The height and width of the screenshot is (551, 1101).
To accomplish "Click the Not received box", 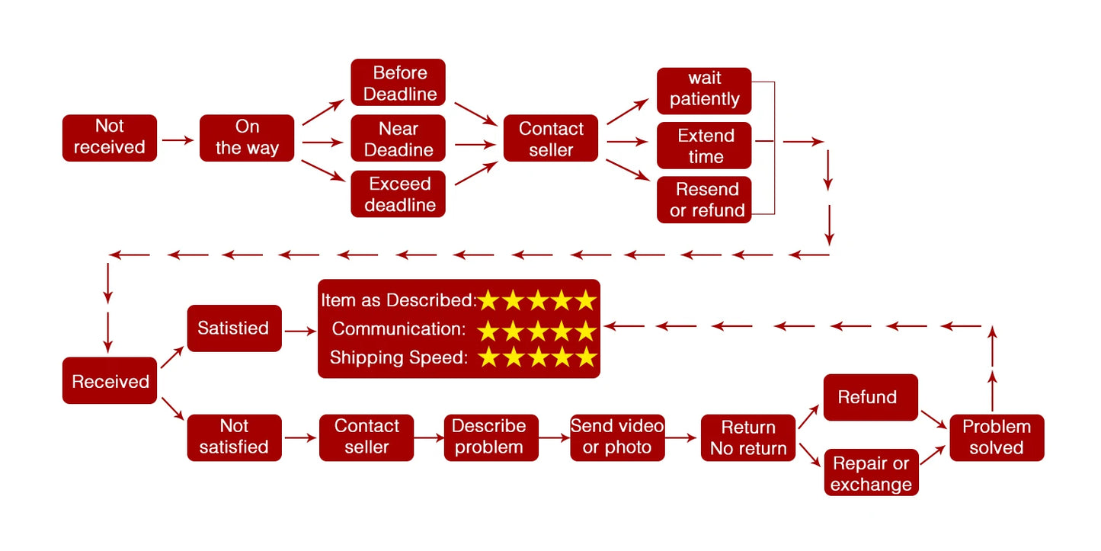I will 110,137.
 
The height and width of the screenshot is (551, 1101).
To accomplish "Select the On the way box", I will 247,137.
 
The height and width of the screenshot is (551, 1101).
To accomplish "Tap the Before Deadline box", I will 398,83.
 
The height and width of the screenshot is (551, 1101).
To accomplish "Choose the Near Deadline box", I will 398,139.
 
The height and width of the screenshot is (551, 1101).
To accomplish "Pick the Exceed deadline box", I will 398,194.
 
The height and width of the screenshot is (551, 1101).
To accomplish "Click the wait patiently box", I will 704,89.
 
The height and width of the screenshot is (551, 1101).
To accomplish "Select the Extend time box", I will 704,146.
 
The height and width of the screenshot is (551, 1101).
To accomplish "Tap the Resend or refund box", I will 704,200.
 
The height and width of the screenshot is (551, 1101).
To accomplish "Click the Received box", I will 110,381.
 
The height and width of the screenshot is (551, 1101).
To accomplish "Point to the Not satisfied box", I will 234,437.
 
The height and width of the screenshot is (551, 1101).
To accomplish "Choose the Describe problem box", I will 491,437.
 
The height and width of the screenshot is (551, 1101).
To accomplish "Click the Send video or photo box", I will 617,437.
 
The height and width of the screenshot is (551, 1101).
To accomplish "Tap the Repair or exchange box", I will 871,473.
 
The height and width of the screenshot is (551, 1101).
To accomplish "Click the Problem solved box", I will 997,437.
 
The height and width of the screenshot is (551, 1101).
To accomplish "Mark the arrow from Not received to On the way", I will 178,140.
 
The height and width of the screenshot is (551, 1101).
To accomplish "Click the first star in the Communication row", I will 488,330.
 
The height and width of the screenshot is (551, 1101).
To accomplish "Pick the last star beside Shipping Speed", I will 585,357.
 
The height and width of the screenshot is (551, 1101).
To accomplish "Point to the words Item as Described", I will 398,300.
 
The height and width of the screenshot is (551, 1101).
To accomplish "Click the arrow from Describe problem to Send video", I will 554,437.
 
